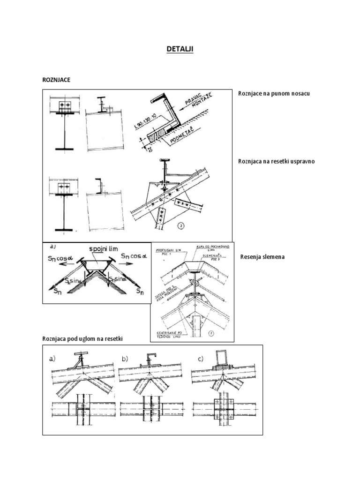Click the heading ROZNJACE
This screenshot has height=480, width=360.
(x=56, y=80)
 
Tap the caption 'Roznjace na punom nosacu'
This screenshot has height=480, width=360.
(x=274, y=93)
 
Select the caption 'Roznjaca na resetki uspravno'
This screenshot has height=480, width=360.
(x=277, y=162)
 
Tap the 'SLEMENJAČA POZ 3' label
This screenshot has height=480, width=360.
(x=210, y=257)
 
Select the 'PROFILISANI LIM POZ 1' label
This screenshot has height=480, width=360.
(x=170, y=249)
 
